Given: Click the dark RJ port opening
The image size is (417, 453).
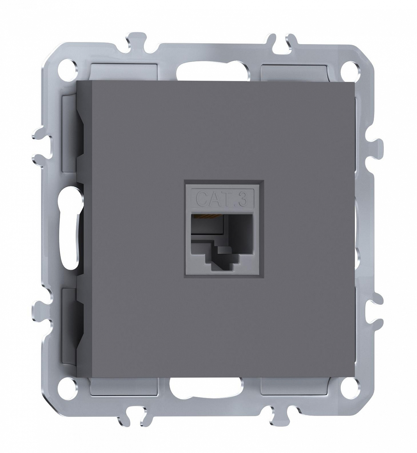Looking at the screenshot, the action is (222, 242).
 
